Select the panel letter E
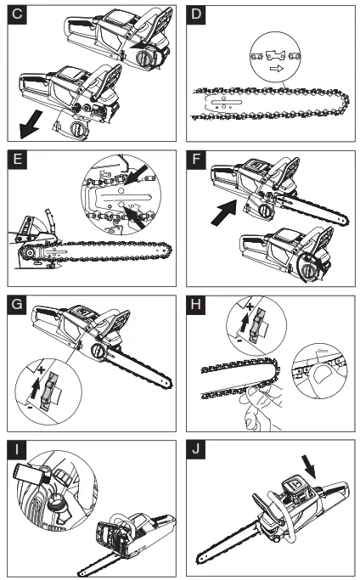pyautogui.click(x=14, y=160)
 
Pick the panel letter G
pyautogui.click(x=14, y=303)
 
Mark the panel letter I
pyautogui.click(x=14, y=448)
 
